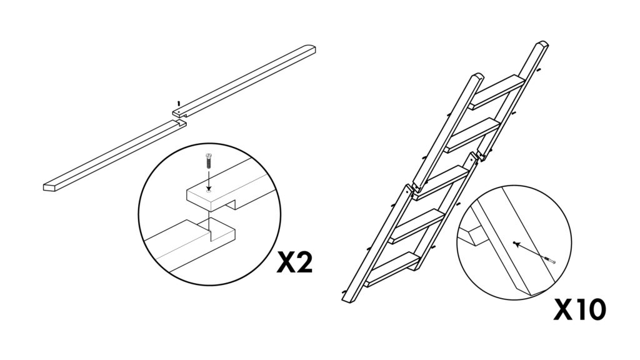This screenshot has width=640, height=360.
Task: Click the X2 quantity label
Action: [x=294, y=262]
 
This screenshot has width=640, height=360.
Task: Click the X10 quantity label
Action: [x=579, y=310]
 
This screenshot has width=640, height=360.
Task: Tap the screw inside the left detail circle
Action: [x=209, y=162]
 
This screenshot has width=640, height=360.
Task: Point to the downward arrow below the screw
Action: [x=209, y=180]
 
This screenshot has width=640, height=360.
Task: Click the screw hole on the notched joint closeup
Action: [x=209, y=190]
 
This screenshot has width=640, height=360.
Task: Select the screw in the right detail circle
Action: [x=549, y=260]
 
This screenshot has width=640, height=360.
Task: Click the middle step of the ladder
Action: [x=442, y=182]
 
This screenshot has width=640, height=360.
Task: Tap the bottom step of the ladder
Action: [x=393, y=269]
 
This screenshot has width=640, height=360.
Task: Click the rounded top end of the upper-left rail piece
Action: [x=309, y=48]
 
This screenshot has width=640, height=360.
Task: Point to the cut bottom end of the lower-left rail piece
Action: [x=49, y=187]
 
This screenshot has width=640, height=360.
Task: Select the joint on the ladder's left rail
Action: [x=413, y=187]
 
